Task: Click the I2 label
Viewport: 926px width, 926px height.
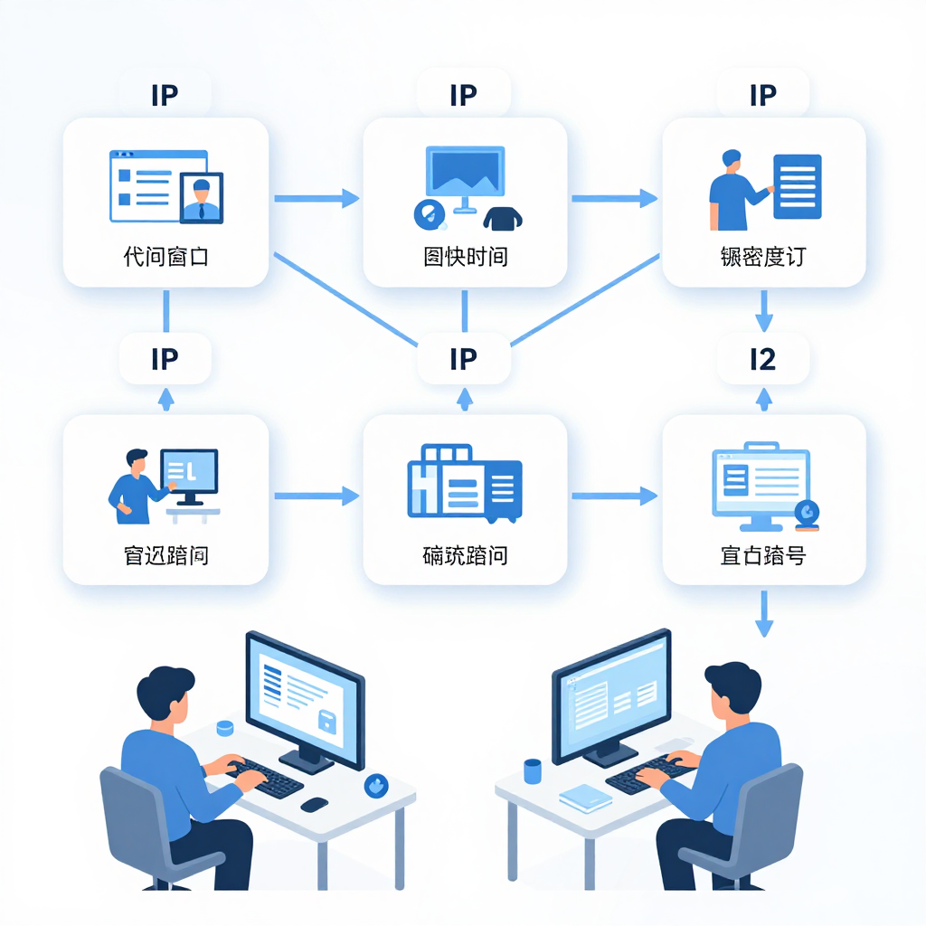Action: point(763,359)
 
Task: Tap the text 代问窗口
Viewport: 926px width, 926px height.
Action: point(165,257)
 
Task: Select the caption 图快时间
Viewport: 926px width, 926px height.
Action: point(465,257)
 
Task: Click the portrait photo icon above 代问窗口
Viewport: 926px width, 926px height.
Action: point(202,198)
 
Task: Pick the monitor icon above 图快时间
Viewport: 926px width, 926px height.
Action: point(465,177)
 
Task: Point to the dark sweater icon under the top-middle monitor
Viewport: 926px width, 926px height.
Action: point(504,218)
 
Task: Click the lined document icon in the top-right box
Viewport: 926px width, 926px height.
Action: point(798,185)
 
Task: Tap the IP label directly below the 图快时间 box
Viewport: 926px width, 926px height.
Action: point(463,359)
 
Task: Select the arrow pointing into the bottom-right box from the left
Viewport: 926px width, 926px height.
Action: point(615,496)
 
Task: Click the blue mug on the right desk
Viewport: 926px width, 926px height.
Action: point(533,770)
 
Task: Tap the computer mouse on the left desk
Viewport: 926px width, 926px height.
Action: point(314,803)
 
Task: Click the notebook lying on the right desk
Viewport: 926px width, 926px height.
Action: point(585,797)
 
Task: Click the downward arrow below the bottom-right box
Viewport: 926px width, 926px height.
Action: point(764,615)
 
